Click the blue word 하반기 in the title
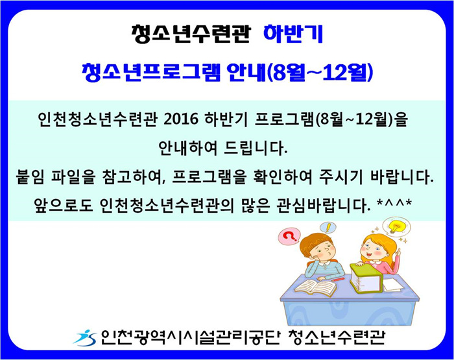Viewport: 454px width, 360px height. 293,34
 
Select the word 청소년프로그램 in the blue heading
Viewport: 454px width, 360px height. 151,73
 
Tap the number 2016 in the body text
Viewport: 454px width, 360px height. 181,119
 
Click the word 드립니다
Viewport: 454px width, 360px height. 256,149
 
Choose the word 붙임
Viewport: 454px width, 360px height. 30,177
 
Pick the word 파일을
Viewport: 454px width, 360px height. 73,177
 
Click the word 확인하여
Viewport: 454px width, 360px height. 282,177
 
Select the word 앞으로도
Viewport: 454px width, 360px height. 64,206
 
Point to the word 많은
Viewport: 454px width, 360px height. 255,206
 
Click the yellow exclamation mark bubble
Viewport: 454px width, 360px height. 328,228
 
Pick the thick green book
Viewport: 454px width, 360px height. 366,278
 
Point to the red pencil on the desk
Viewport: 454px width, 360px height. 338,280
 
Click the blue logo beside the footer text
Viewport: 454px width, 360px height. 85,338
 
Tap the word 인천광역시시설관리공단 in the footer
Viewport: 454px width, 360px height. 189,338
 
